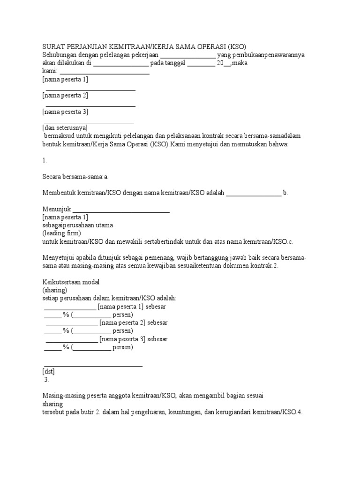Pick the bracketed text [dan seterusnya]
pos(65,127)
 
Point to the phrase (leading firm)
pos(61,233)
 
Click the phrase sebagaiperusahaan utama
pos(78,225)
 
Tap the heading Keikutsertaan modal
pos(71,282)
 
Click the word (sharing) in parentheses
pos(55,290)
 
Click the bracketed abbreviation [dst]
pos(48,372)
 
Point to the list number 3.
pos(46,380)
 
